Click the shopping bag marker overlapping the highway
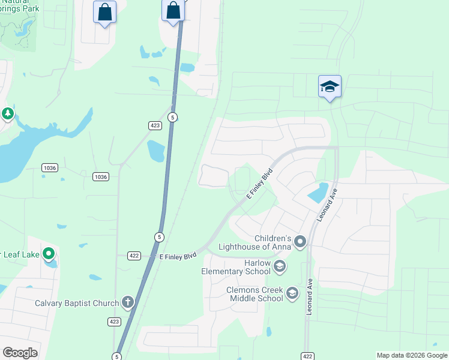pyautogui.click(x=173, y=11)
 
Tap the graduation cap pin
pyautogui.click(x=330, y=87)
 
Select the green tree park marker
pyautogui.click(x=7, y=113)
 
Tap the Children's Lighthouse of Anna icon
pyautogui.click(x=300, y=242)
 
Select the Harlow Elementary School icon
pyautogui.click(x=279, y=266)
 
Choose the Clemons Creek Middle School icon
pyautogui.click(x=292, y=293)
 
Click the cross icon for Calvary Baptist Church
pyautogui.click(x=127, y=303)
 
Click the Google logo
pyautogui.click(x=20, y=353)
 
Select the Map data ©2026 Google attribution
pyautogui.click(x=412, y=355)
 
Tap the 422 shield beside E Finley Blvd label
pyautogui.click(x=134, y=256)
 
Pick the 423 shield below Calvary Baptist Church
pyautogui.click(x=114, y=321)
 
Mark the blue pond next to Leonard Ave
pyautogui.click(x=318, y=192)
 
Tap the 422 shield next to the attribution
pyautogui.click(x=307, y=356)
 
